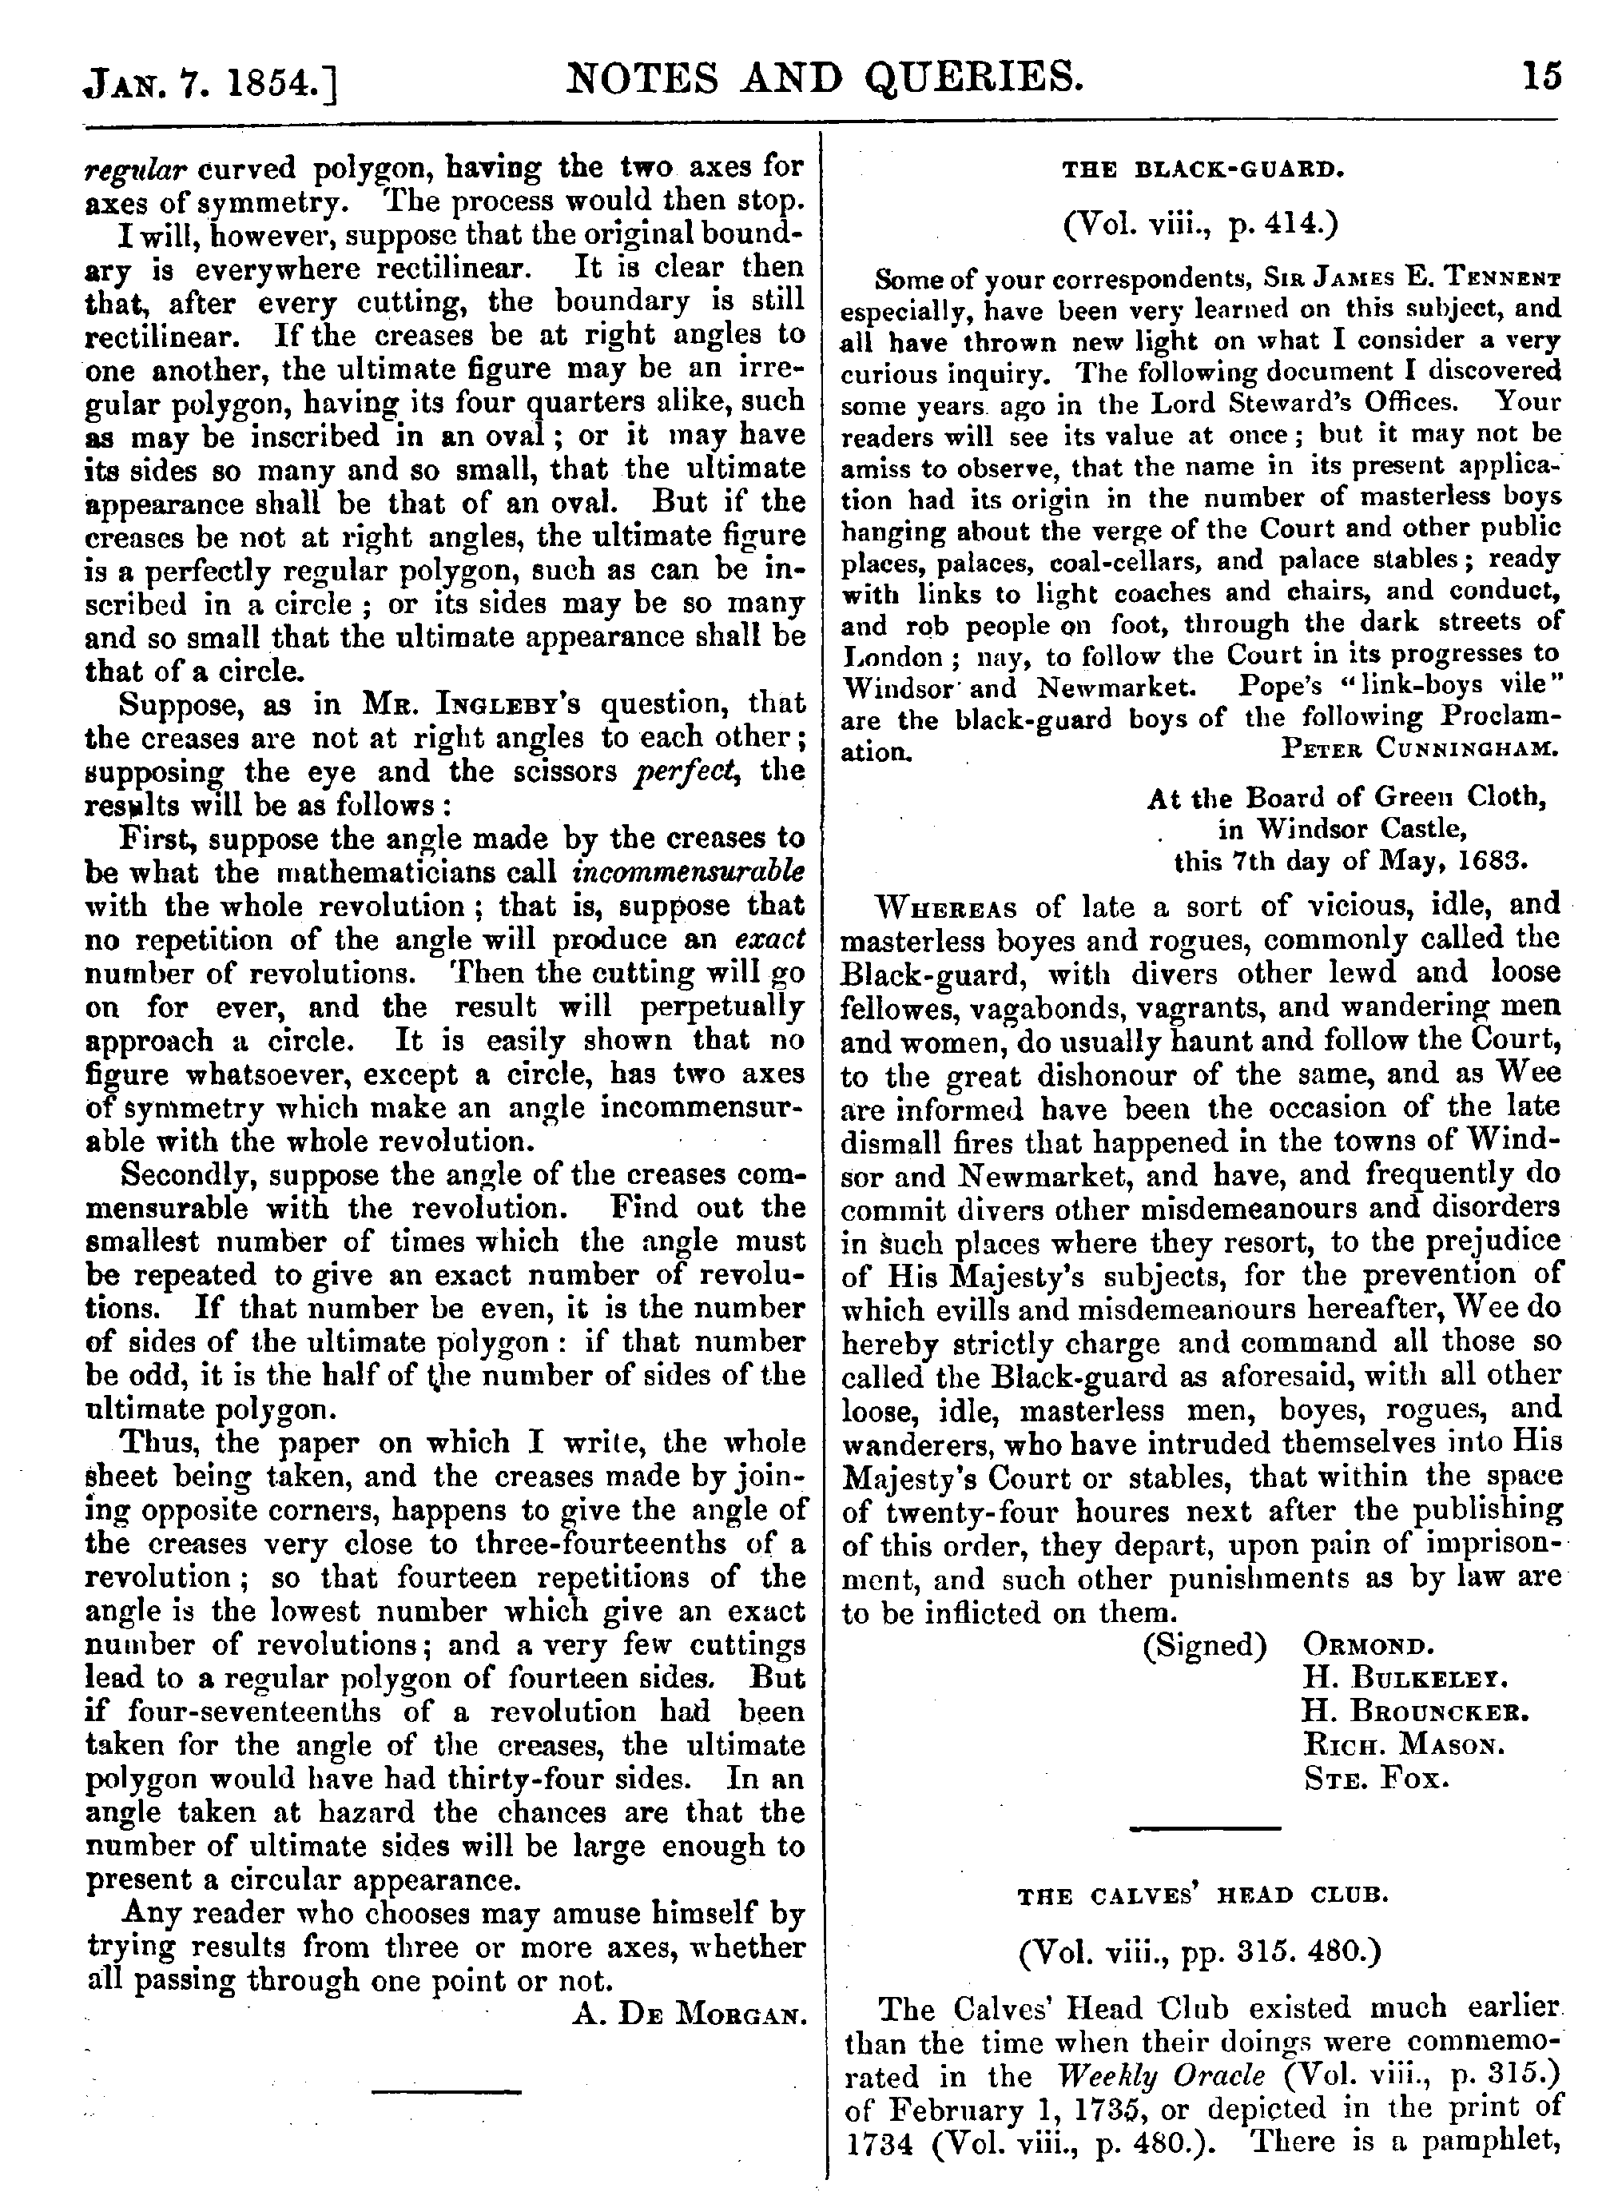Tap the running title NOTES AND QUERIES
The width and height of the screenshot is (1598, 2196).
tap(823, 75)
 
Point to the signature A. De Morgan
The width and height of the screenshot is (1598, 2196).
tap(690, 2017)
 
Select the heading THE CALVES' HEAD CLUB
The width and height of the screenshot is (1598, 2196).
tap(1202, 1896)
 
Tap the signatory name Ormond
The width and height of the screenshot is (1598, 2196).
tap(1369, 1645)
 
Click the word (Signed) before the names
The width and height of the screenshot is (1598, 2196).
tap(1205, 1645)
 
